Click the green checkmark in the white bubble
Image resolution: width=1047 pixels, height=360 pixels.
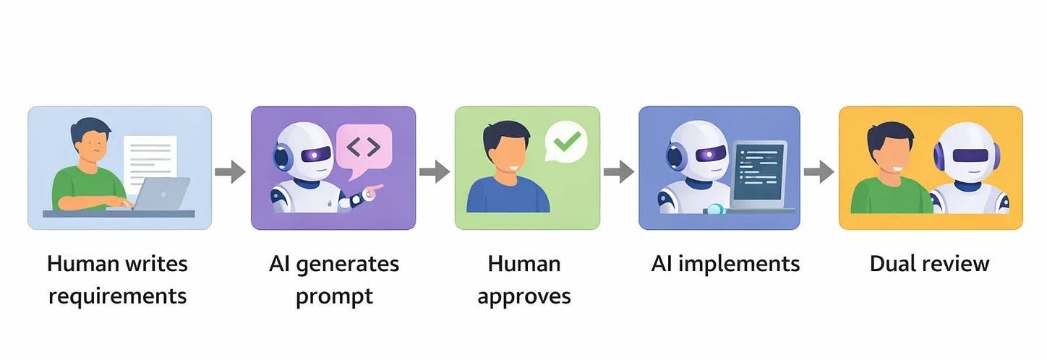point(566,140)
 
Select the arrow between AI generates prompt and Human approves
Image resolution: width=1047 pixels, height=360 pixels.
point(435,172)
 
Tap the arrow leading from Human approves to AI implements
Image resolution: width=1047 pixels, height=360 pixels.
point(619,172)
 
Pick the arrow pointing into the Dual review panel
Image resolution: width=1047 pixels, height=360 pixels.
point(819,172)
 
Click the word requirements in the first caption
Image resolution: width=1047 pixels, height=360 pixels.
point(117,296)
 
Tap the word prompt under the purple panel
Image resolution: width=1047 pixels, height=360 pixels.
point(333,296)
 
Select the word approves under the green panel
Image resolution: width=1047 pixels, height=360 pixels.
point(524,296)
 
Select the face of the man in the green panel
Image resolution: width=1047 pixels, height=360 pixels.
point(507,154)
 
